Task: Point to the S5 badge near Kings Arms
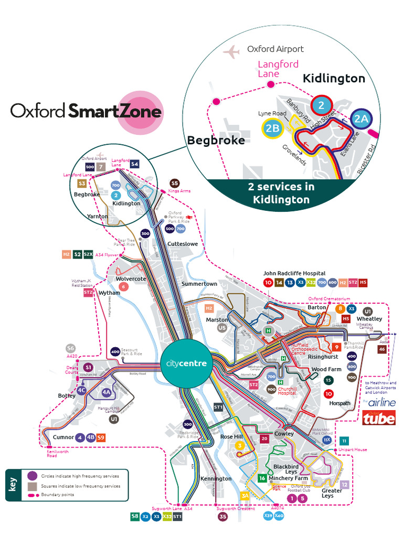pos(175,183)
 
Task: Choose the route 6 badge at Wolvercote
pos(123,286)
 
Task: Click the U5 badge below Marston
pos(222,328)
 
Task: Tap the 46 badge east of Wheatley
pos(381,349)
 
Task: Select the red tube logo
pos(379,418)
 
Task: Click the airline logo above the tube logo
pos(378,402)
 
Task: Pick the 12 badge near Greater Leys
pos(345,485)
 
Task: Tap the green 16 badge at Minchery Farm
pos(262,478)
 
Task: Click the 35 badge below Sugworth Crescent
pos(222,516)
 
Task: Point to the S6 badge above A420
pos(71,348)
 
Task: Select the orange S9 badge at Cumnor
pos(101,437)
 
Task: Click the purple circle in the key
pos(32,476)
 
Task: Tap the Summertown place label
pos(199,284)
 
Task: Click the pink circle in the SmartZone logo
pos(139,112)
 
